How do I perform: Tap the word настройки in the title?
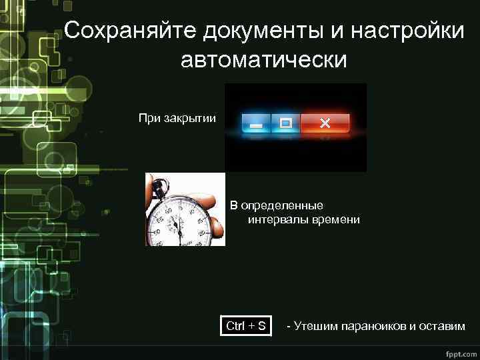pyautogui.click(x=403, y=30)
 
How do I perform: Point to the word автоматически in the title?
pyautogui.click(x=263, y=59)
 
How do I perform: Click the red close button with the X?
pyautogui.click(x=325, y=123)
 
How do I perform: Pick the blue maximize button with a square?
pyautogui.click(x=286, y=123)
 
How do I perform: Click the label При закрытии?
pyautogui.click(x=177, y=119)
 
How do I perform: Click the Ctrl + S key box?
pyautogui.click(x=246, y=326)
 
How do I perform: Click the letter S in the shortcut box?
pyautogui.click(x=261, y=326)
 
